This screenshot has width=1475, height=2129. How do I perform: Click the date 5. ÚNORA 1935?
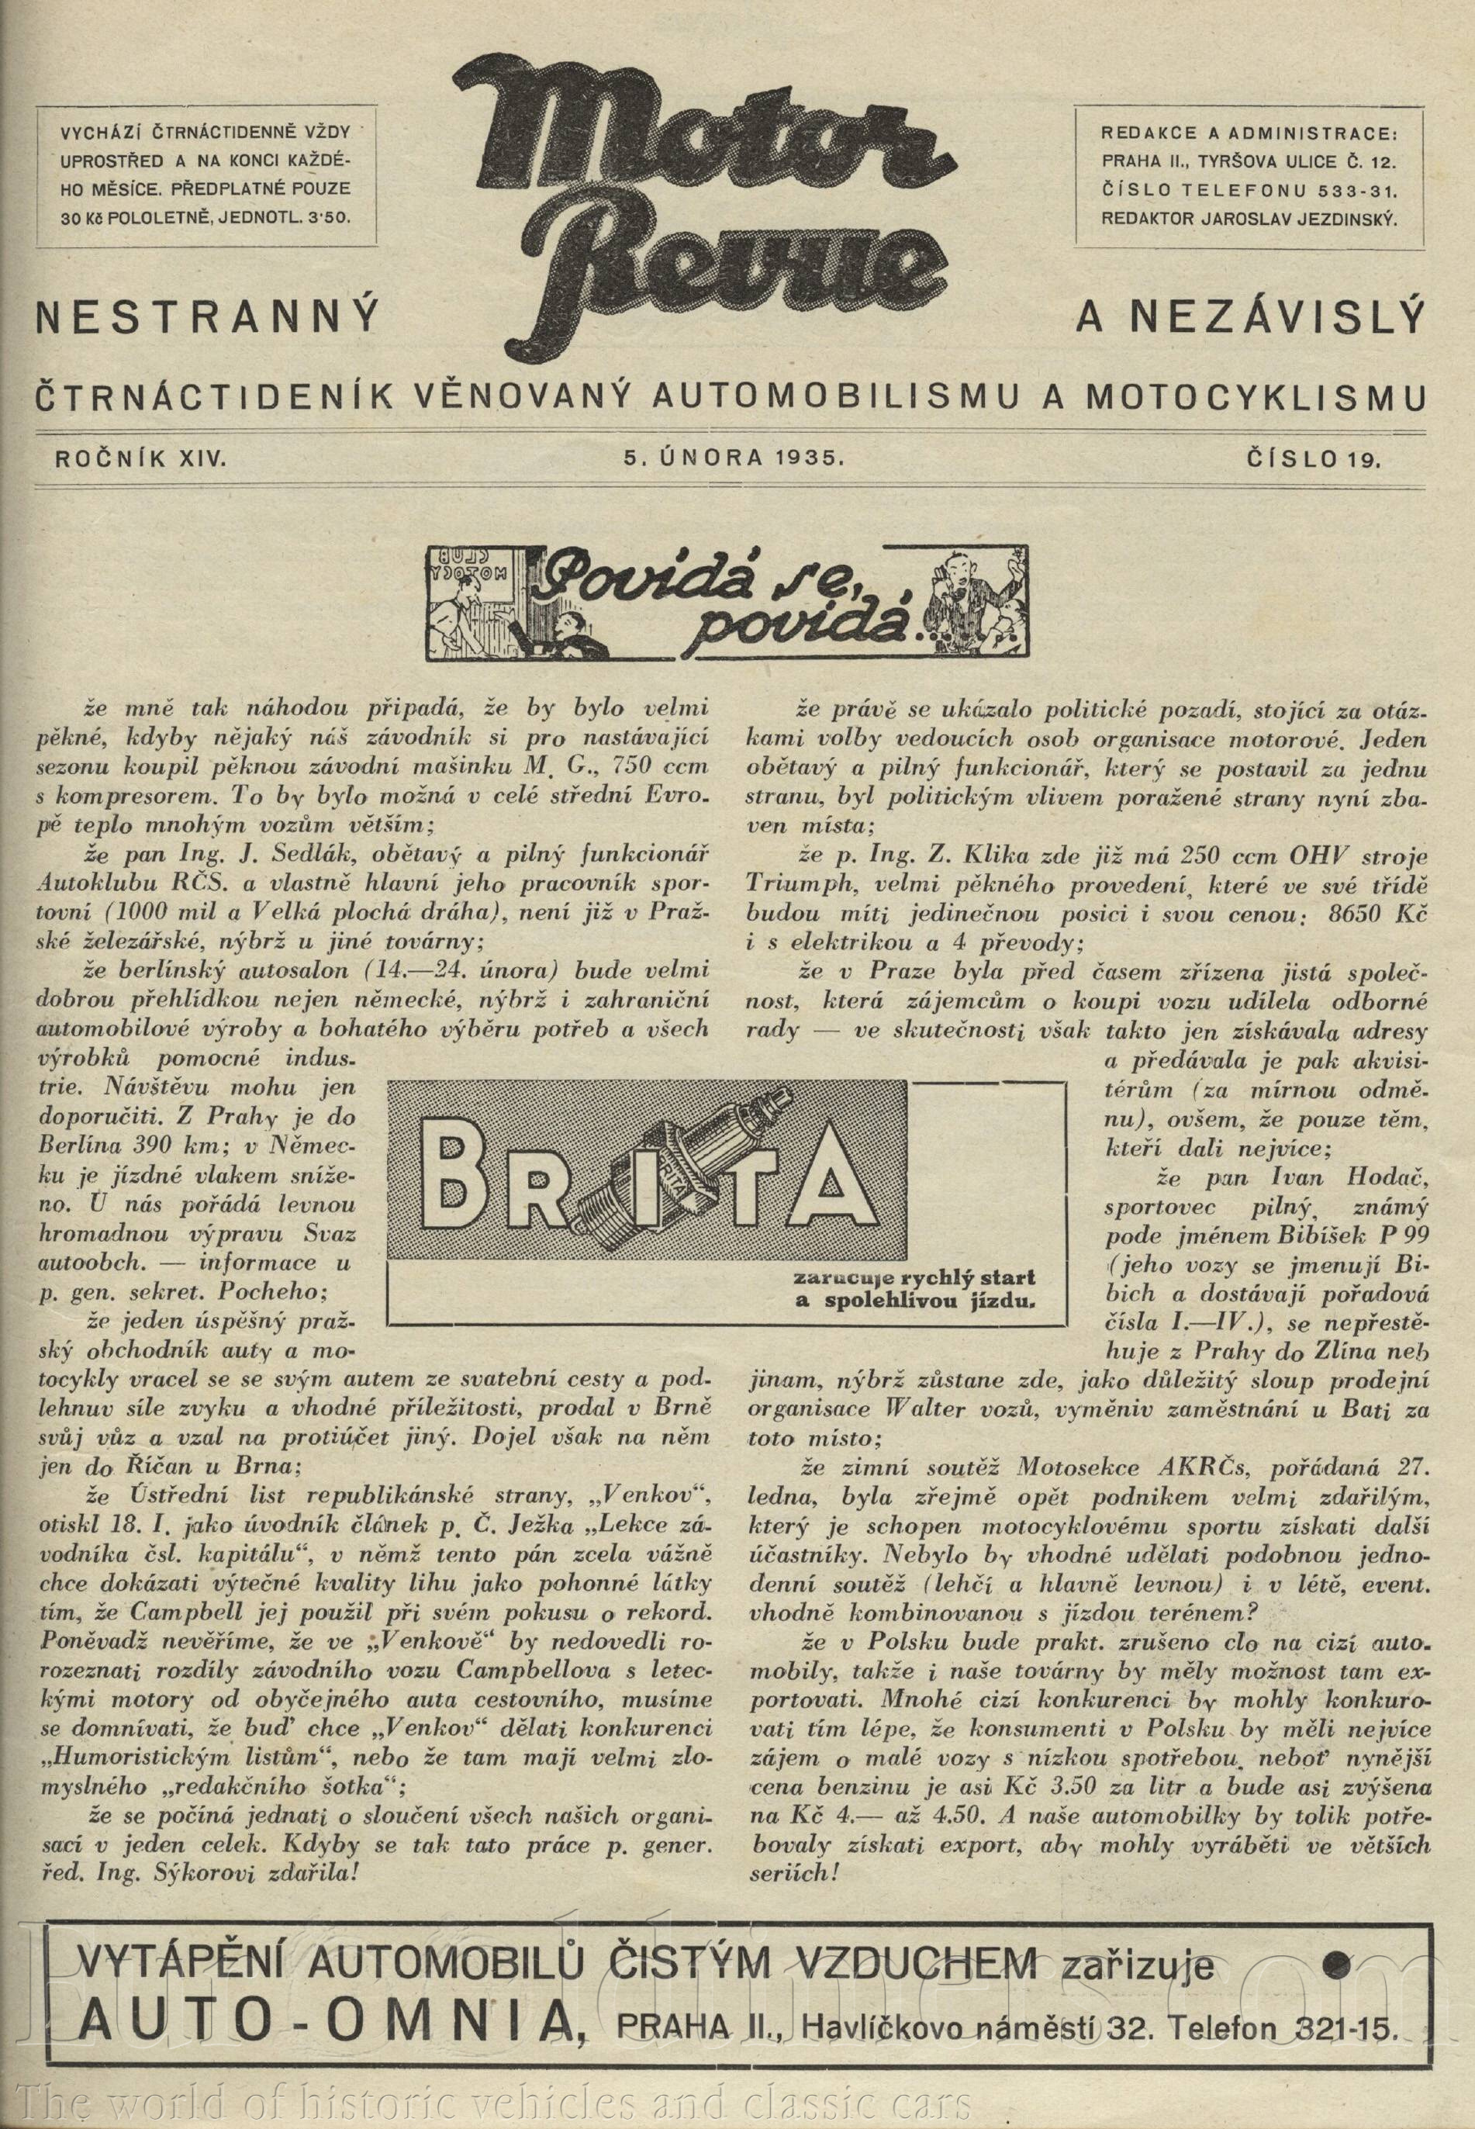pos(734,458)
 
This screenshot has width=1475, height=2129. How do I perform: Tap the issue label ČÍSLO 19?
pos(1312,458)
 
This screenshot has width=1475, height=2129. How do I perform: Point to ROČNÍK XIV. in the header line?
pos(140,458)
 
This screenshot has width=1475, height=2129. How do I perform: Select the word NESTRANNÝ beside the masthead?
pos(207,319)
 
